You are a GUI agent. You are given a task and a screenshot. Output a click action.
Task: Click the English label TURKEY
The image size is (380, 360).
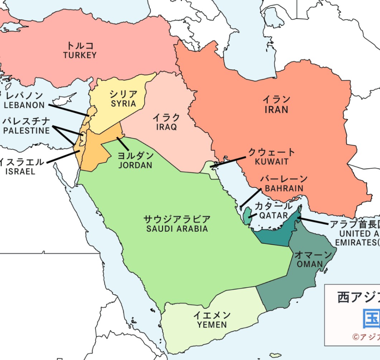pos(80,56)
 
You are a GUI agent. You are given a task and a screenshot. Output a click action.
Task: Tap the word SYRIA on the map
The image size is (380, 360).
pos(123,104)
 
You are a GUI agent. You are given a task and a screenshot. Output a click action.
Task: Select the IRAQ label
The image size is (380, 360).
pos(166,127)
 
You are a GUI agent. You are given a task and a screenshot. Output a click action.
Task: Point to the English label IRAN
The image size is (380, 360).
pos(276,110)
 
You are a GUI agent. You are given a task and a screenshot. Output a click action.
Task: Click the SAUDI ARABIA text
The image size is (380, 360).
pos(177,229)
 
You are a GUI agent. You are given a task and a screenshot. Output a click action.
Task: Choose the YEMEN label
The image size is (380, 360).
pos(212,325)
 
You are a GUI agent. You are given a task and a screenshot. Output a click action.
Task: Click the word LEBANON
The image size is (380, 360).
pos(24,105)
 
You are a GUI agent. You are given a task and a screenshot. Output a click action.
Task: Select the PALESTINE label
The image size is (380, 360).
pos(26,131)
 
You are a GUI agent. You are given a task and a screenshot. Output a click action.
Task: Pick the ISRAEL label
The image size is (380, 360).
pos(20,172)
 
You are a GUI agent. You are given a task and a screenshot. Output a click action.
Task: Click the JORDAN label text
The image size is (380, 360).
pos(135,165)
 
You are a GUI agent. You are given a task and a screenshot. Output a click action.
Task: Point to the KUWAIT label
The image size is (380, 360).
pos(272,162)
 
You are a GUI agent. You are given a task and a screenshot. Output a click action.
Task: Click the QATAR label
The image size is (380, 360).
pos(274,216)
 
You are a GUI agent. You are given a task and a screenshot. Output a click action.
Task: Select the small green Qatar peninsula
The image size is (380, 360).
pos(247,217)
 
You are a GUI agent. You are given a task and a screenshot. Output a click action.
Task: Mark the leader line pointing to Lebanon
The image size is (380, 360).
pos(68,110)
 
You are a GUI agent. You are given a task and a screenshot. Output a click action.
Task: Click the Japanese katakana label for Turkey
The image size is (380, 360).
pos(80,46)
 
